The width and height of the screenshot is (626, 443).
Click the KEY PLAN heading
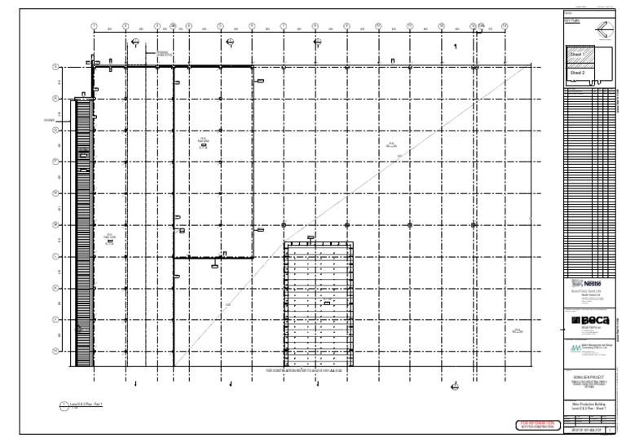pos(571,19)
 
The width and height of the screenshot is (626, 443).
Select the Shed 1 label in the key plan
pos(577,54)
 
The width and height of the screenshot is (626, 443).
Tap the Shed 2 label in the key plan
pos(577,73)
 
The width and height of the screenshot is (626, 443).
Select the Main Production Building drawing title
pos(586,406)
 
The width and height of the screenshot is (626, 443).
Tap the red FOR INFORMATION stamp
pos(536,425)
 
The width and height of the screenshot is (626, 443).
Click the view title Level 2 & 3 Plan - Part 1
pos(82,404)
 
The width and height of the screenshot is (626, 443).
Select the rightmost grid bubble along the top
pos(505,25)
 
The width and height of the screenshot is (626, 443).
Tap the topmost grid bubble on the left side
pos(55,67)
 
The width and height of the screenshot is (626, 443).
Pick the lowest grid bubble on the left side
pos(55,352)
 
